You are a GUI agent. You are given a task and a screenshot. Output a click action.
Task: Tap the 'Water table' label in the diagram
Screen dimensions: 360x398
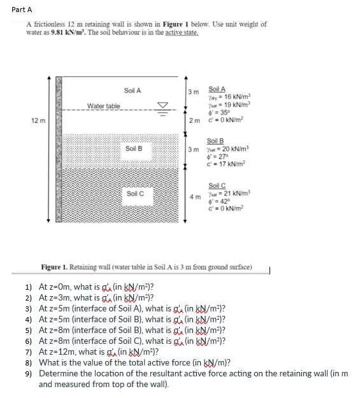(x=103, y=106)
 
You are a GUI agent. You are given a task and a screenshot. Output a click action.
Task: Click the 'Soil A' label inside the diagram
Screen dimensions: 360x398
(x=133, y=90)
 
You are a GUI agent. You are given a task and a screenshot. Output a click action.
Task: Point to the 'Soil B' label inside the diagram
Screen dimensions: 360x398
(x=134, y=148)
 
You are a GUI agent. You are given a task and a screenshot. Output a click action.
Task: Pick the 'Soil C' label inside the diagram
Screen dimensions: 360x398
(x=135, y=193)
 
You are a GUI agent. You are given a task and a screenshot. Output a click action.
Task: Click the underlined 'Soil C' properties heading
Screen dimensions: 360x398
(x=217, y=185)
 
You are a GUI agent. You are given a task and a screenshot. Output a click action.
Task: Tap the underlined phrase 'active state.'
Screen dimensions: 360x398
(x=181, y=31)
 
